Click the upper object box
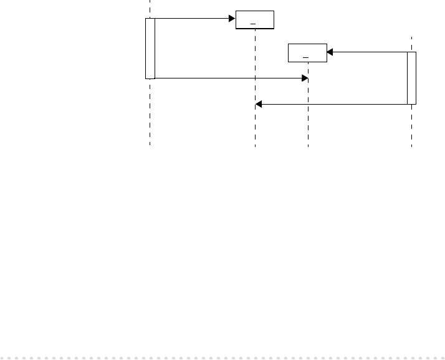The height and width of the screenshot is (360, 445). coord(255,19)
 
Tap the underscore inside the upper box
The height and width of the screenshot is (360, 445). coord(253,24)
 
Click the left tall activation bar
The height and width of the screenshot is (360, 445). coord(150,49)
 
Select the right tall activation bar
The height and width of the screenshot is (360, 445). coord(411,78)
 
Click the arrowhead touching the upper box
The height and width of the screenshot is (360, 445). coord(232,19)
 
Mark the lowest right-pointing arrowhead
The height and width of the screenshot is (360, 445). coord(305,78)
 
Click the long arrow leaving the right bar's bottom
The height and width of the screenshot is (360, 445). coord(333,104)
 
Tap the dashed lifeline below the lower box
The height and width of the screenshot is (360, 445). coord(308,112)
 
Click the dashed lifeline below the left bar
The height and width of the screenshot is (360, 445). coord(150,112)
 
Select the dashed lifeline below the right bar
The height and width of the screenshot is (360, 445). coord(411,125)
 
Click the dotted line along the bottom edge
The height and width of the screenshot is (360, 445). coord(222,358)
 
